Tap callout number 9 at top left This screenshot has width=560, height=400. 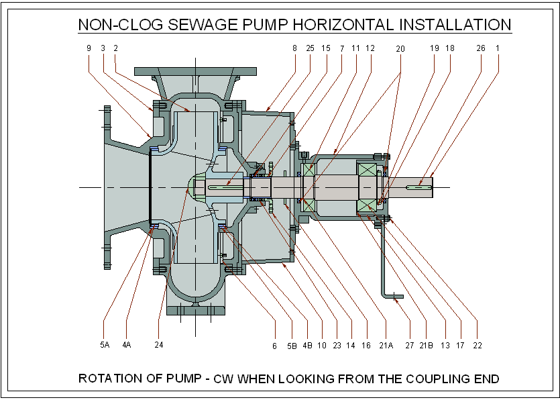pyautogui.click(x=89, y=48)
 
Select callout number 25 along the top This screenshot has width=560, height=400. pyautogui.click(x=310, y=48)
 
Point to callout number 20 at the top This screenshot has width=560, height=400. pyautogui.click(x=400, y=48)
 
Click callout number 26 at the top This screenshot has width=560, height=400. pyautogui.click(x=480, y=48)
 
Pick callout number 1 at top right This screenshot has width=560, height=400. pyautogui.click(x=498, y=48)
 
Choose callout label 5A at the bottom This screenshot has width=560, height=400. pyautogui.click(x=104, y=345)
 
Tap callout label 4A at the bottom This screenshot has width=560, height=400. pyautogui.click(x=126, y=345)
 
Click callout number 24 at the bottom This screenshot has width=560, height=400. pyautogui.click(x=158, y=345)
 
